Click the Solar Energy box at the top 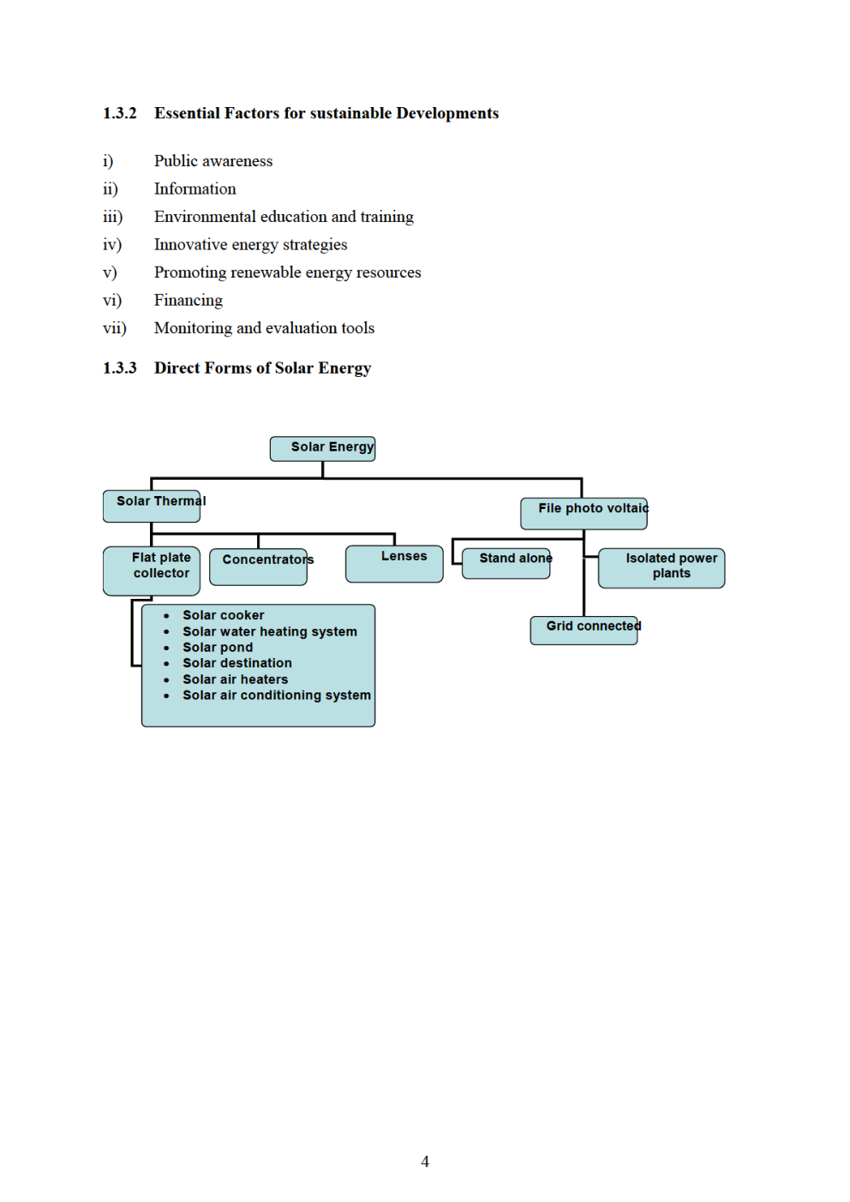[323, 448]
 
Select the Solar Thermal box [152, 505]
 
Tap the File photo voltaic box [584, 513]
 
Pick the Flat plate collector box [152, 571]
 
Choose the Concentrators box [258, 566]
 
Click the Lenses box [394, 563]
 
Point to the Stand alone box [506, 563]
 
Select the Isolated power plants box [661, 567]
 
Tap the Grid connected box [584, 630]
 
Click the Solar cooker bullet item [223, 615]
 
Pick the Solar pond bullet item [218, 648]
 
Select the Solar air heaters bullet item [235, 679]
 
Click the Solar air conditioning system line [276, 695]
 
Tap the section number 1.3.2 [120, 113]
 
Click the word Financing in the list [189, 300]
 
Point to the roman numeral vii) [115, 328]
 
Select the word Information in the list [195, 188]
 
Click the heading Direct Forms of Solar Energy [262, 368]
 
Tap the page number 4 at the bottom [425, 1162]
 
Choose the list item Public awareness [213, 161]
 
